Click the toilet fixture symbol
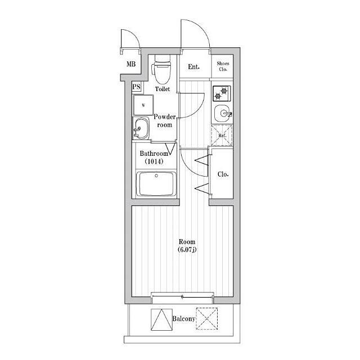pyautogui.click(x=163, y=69)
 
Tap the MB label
pyautogui.click(x=131, y=64)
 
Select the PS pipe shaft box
pyautogui.click(x=137, y=87)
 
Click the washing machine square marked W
pyautogui.click(x=143, y=105)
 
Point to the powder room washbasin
pyautogui.click(x=141, y=128)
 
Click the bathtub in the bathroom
pyautogui.click(x=156, y=184)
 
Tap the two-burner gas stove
pyautogui.click(x=222, y=93)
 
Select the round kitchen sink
pyautogui.click(x=222, y=113)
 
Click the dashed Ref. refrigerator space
pyautogui.click(x=222, y=136)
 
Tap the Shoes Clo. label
pyautogui.click(x=223, y=66)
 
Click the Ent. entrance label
pyautogui.click(x=193, y=67)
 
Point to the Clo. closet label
pyautogui.click(x=223, y=174)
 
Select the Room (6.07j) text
pyautogui.click(x=187, y=245)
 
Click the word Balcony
pyautogui.click(x=184, y=319)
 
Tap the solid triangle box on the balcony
pyautogui.click(x=161, y=319)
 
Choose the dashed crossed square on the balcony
pyautogui.click(x=206, y=319)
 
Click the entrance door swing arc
pyautogui.click(x=202, y=28)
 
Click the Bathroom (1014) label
pyautogui.click(x=154, y=157)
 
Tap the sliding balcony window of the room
pyautogui.click(x=182, y=296)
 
